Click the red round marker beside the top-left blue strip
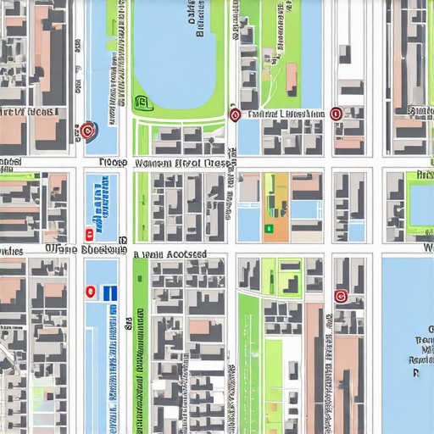86,131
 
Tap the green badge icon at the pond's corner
142,104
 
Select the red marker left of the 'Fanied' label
235,114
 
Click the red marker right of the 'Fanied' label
336,114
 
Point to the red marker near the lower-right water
342,296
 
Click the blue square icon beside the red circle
110,292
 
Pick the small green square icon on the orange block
268,227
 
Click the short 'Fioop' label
112,161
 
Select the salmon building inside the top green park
292,78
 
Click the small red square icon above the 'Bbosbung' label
89,234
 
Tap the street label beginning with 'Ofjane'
73,250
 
